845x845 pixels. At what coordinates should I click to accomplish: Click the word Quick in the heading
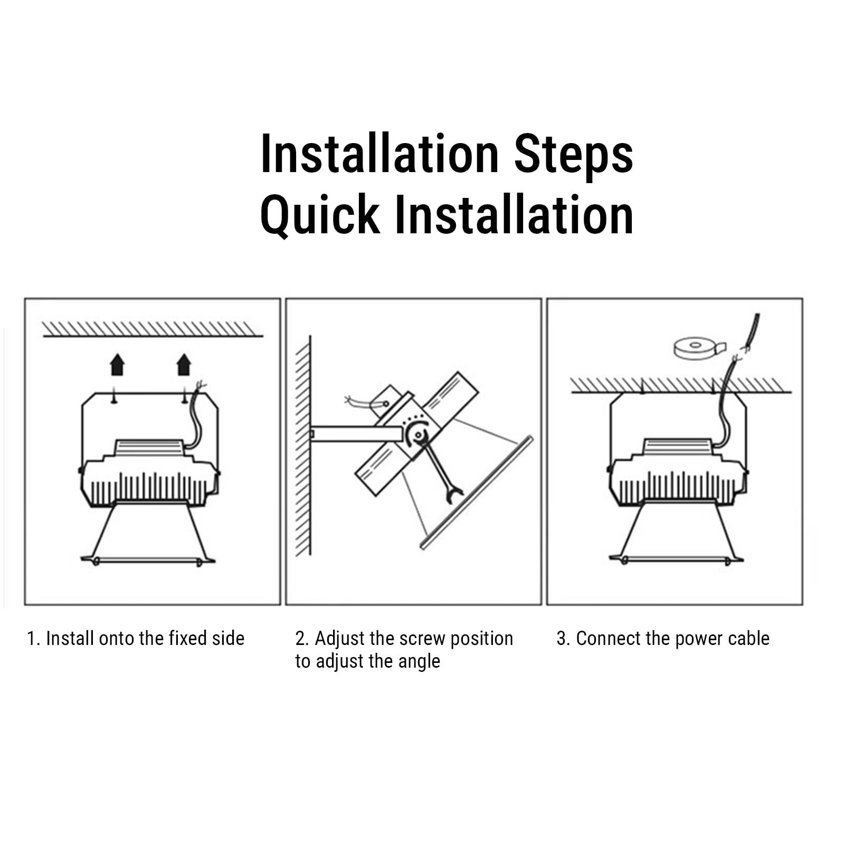(320, 215)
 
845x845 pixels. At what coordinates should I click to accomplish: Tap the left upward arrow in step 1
(117, 365)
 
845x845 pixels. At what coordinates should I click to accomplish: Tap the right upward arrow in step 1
(184, 365)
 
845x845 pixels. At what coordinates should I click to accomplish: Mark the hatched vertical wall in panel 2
(303, 446)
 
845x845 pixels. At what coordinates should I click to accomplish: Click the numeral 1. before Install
(34, 639)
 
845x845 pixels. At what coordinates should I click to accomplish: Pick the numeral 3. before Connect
(563, 639)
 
